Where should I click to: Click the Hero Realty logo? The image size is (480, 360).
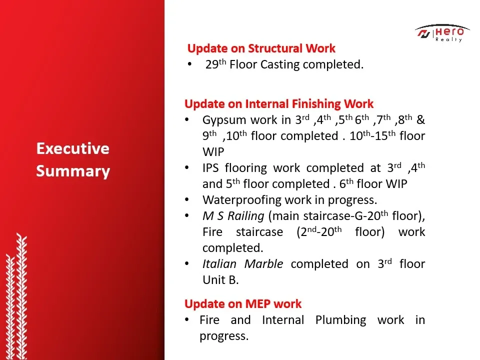pos(442,33)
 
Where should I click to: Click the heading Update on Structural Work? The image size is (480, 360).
pos(261,48)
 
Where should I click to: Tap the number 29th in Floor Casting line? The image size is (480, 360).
pos(215,64)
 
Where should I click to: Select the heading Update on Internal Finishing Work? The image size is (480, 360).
pos(279,104)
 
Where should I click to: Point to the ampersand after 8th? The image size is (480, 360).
pos(420,119)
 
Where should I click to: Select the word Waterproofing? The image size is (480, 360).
pos(241,200)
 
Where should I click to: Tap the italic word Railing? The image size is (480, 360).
pos(246,216)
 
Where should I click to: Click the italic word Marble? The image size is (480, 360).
pos(263,264)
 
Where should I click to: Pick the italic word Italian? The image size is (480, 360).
pos(219,264)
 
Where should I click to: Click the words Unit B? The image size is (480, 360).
pos(220,280)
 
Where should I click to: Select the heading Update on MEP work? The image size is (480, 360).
pos(243,303)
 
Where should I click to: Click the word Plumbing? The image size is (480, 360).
pos(340,320)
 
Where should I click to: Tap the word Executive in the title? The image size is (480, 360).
pos(73,148)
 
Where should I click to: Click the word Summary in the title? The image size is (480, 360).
pos(73,171)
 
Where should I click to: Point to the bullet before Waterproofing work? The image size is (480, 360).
pos(187,200)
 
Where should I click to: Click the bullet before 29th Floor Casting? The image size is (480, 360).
pos(190,64)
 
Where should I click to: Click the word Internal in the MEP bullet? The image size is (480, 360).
pos(283,320)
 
